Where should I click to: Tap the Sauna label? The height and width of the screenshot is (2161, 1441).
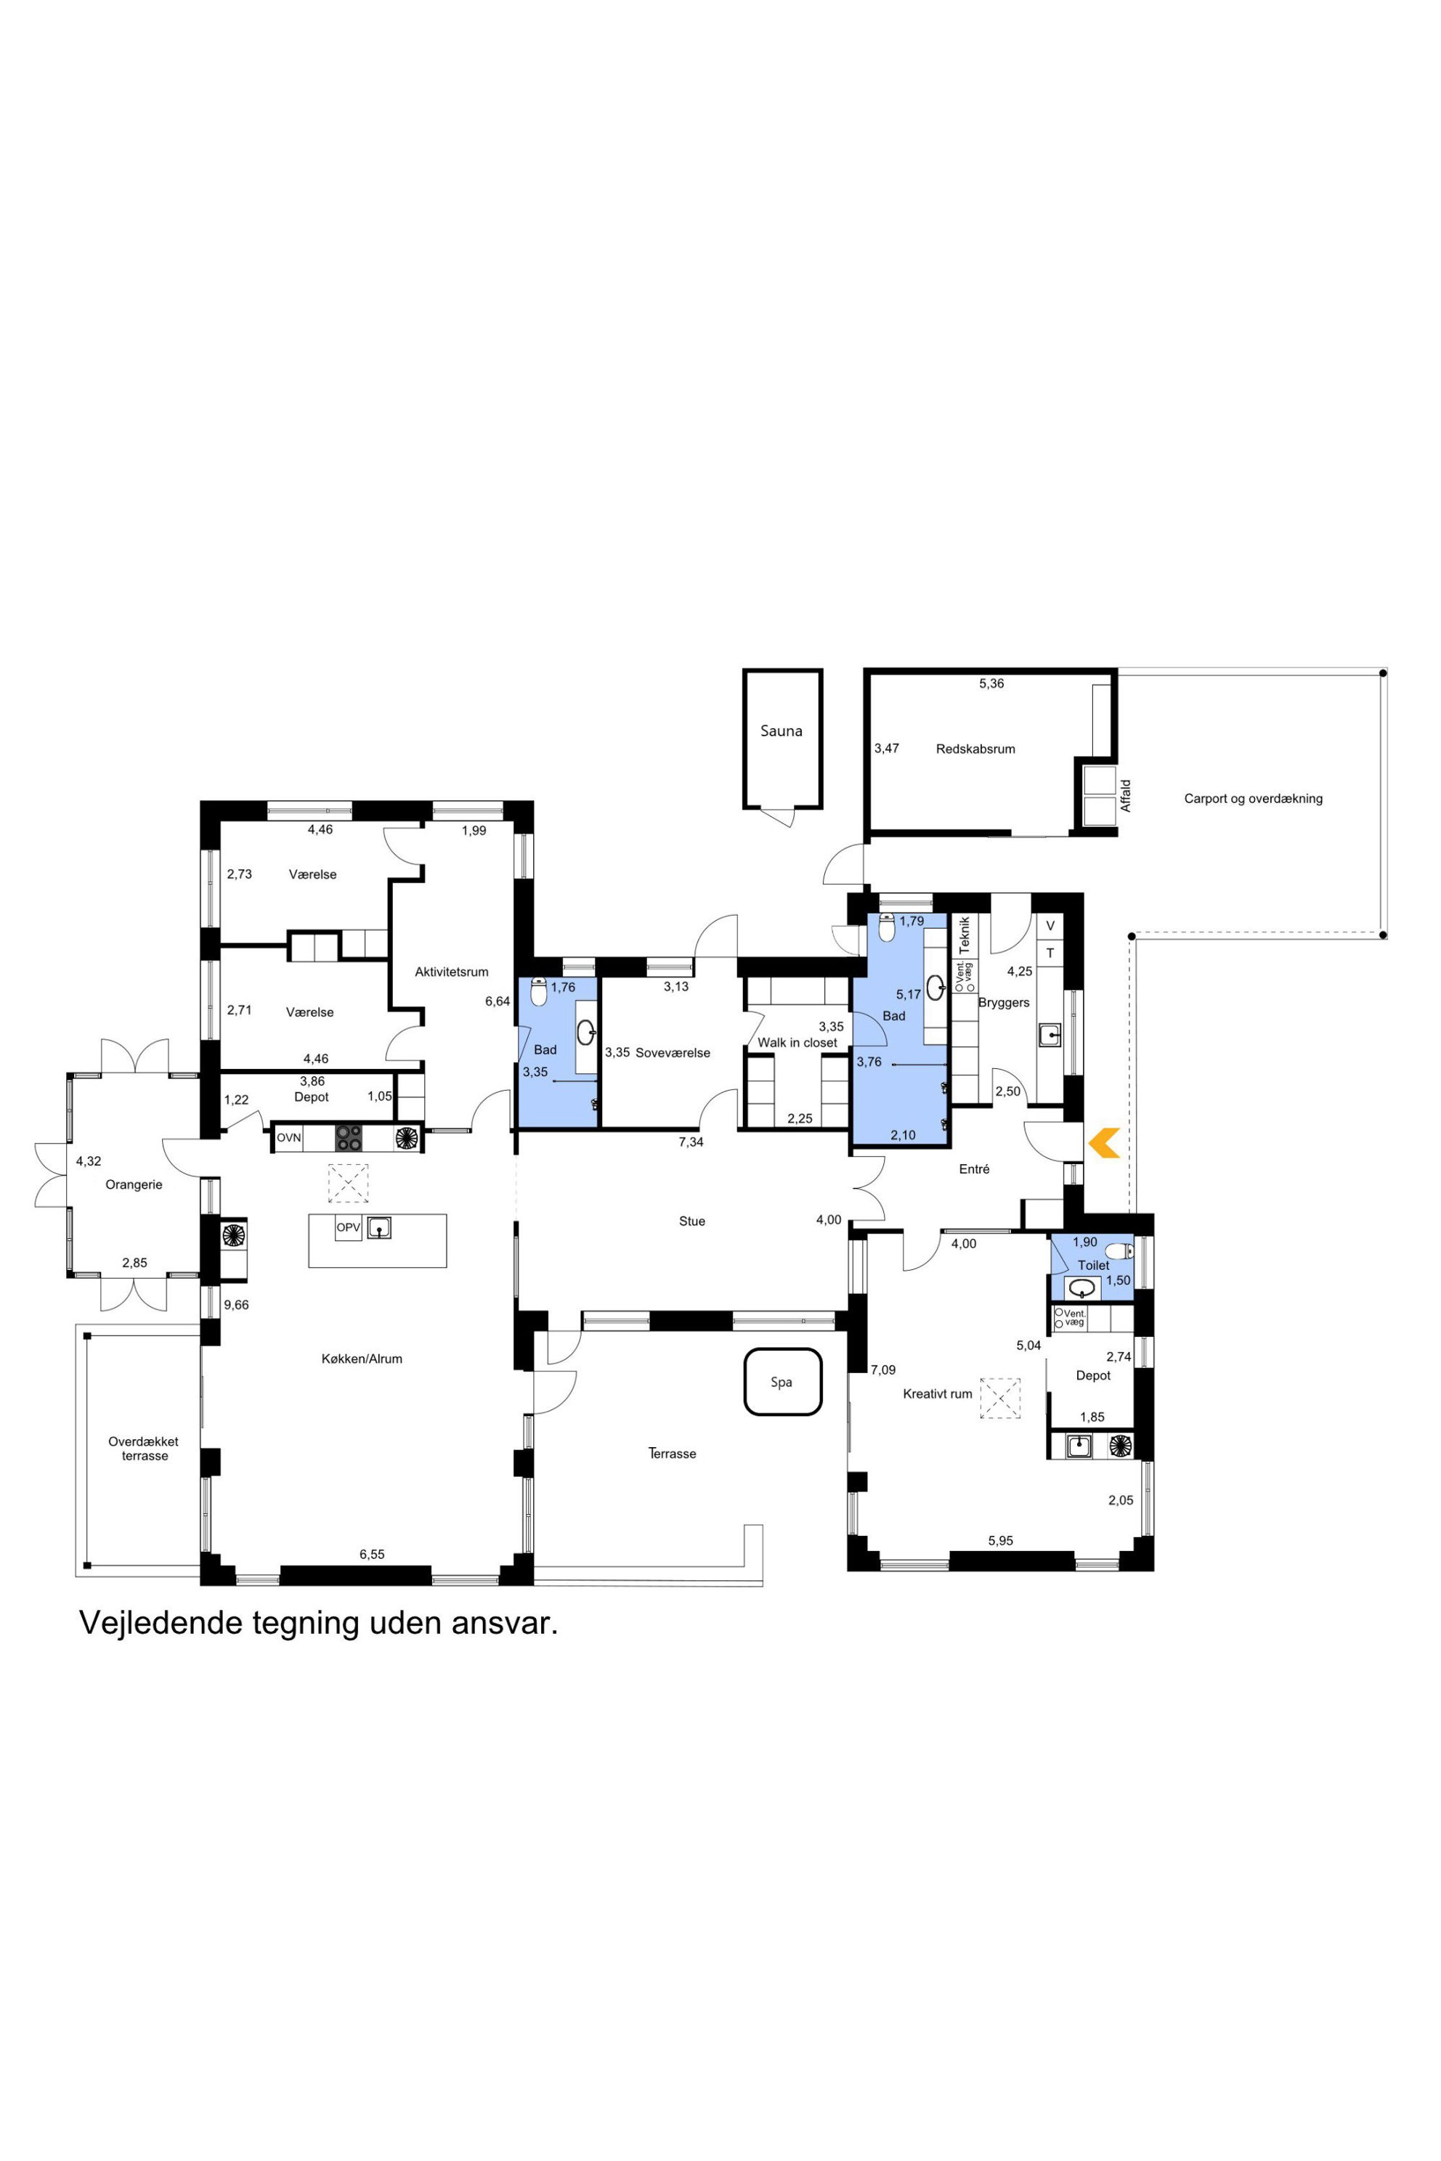(782, 731)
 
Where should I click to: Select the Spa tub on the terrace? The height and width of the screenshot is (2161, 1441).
(782, 1382)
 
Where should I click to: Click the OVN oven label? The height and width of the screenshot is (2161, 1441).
(288, 1137)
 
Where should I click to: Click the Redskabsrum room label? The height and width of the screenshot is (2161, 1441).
(975, 749)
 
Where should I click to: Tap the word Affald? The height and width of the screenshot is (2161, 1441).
(1126, 796)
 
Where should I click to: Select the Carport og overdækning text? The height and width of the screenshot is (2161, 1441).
(1253, 799)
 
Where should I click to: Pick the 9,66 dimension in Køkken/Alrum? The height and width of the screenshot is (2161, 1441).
(236, 1305)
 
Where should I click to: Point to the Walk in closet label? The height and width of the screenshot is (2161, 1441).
(797, 1043)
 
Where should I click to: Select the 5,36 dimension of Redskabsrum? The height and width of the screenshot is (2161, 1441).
(991, 683)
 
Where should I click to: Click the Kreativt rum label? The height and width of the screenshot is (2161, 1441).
(938, 1393)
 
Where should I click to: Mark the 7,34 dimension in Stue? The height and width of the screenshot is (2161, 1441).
(691, 1142)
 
